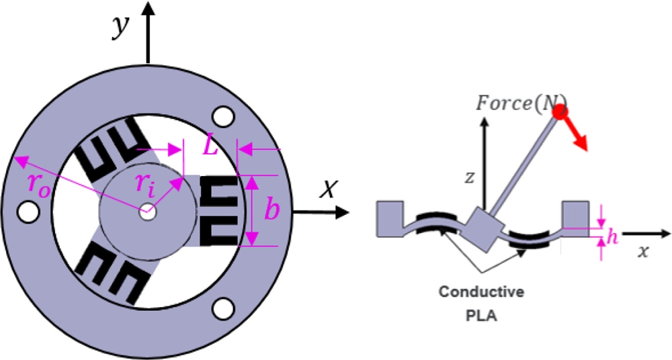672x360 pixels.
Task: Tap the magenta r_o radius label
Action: [38, 184]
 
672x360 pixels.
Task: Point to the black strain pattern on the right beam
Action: [219, 210]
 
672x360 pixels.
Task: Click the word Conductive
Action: [480, 292]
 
